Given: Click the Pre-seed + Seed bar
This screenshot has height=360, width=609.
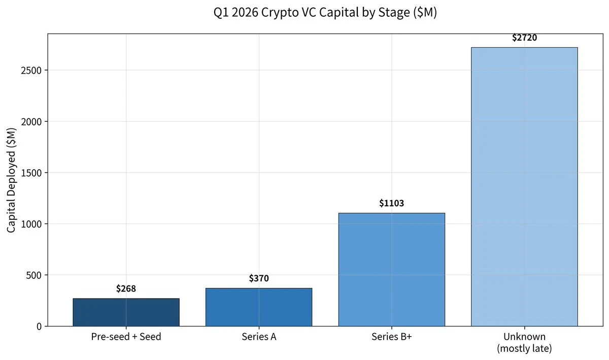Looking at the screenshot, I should point(126,312).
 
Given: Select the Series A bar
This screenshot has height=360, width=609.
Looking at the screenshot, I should point(259,307).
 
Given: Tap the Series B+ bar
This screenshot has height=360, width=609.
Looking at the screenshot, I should point(391,269).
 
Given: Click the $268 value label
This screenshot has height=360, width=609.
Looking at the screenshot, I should point(126,289).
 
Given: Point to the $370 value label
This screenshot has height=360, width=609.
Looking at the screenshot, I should point(259,278).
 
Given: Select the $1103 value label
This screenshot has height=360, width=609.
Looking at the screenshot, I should point(391,204).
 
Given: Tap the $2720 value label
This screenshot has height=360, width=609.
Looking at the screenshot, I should point(524,38).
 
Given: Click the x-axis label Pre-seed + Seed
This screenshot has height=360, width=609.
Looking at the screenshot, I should point(126,337).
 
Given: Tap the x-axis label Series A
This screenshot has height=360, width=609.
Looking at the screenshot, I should point(259,337).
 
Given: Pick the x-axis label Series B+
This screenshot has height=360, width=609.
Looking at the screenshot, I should point(391,337).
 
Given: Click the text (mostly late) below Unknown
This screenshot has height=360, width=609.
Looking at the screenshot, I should point(524,349).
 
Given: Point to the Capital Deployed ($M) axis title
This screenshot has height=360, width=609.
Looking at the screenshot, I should point(12,180).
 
